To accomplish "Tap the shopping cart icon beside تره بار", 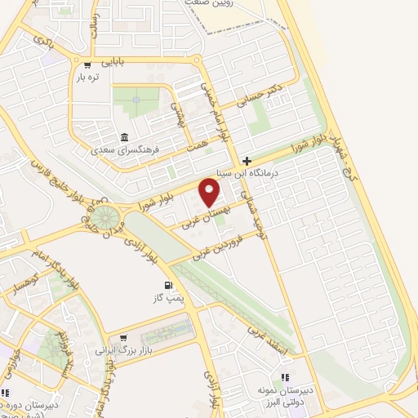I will [87, 64].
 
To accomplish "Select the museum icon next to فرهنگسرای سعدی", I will [123, 136].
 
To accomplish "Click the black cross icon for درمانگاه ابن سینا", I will [247, 161].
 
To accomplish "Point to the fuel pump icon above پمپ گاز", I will [169, 286].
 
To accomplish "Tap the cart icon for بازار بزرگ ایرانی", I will [122, 336].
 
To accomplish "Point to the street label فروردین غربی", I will [219, 246].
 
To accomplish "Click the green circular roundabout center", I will [104, 218].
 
